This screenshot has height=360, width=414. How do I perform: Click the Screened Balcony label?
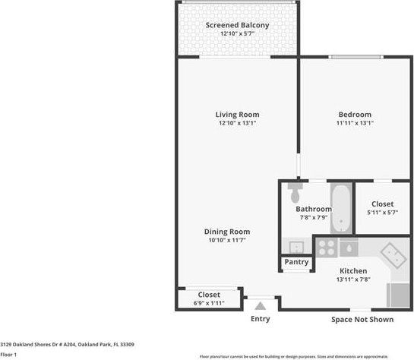(x=237, y=26)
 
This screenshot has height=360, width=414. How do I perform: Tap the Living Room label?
(x=237, y=115)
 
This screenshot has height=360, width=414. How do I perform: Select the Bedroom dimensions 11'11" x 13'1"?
(x=355, y=123)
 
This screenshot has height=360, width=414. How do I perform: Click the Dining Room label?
(x=226, y=232)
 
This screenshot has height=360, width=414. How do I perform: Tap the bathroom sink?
(x=294, y=245)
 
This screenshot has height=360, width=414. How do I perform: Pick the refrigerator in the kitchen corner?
(x=399, y=294)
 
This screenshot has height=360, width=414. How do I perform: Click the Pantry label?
(x=296, y=262)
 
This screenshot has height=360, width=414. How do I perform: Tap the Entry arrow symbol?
(x=261, y=305)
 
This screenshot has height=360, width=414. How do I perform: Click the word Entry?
(x=260, y=319)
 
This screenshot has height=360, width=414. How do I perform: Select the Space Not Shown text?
(x=362, y=319)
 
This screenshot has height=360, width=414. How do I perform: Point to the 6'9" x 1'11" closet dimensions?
(x=209, y=302)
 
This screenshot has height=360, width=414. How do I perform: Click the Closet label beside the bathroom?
(x=382, y=204)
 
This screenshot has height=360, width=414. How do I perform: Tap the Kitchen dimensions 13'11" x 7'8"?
(x=353, y=279)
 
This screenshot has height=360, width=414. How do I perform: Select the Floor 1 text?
(x=8, y=354)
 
